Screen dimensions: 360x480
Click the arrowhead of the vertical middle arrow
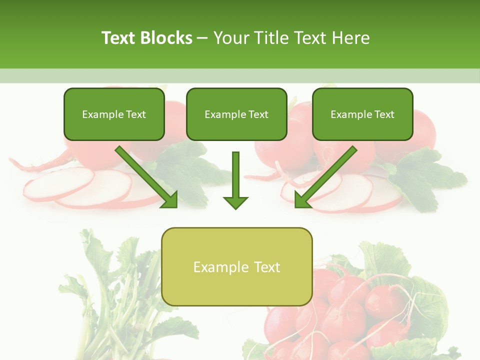click(235, 202)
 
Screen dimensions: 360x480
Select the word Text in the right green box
click(384, 114)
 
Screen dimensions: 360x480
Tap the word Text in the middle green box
click(258, 114)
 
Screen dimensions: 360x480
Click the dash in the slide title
click(202, 38)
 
